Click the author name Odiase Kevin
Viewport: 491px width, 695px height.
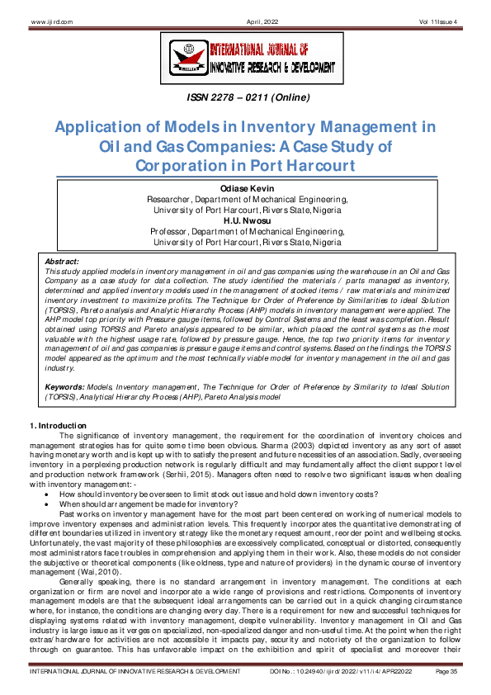(x=245, y=190)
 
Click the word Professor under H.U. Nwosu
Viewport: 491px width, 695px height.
(x=170, y=233)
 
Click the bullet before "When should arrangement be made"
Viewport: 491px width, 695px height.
(x=51, y=504)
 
